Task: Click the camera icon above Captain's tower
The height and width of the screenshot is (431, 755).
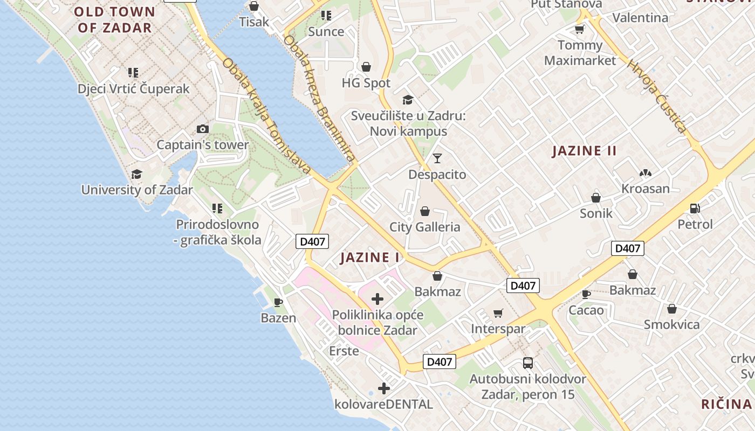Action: click(x=203, y=129)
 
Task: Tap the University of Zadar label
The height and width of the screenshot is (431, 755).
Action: click(x=136, y=190)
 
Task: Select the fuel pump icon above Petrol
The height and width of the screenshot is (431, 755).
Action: click(x=695, y=208)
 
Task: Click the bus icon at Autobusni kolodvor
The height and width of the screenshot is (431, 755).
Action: click(x=528, y=363)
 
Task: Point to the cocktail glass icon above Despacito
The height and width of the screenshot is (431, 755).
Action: click(x=437, y=158)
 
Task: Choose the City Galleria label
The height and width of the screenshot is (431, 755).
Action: click(x=425, y=227)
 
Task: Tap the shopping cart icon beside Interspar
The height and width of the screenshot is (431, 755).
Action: click(x=498, y=313)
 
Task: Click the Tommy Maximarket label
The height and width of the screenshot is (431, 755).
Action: click(x=580, y=53)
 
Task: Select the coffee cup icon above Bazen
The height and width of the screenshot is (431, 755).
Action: click(x=278, y=302)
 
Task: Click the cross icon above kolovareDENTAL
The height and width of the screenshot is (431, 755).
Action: click(x=384, y=388)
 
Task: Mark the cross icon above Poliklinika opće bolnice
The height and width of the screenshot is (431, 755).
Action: click(x=377, y=298)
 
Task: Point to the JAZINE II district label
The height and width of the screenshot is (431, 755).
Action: click(x=584, y=151)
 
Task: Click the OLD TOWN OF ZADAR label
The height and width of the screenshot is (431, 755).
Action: click(x=114, y=19)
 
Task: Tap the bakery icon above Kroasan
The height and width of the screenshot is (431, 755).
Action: click(x=645, y=173)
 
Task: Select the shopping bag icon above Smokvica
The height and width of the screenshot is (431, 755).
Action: click(x=671, y=309)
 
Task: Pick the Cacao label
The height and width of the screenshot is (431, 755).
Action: click(x=586, y=310)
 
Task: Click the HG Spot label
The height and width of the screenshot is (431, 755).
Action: click(x=366, y=83)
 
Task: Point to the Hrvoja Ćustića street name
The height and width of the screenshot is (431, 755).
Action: click(x=656, y=96)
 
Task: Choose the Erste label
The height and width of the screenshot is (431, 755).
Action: click(x=344, y=351)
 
